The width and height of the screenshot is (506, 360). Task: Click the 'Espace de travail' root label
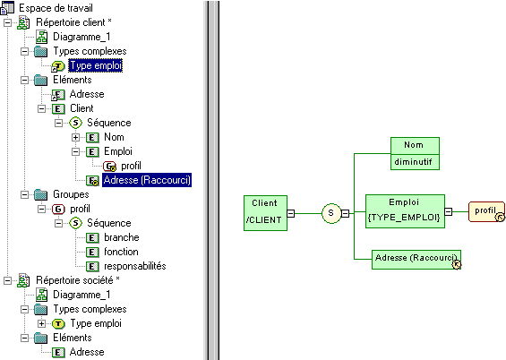pyautogui.click(x=56, y=8)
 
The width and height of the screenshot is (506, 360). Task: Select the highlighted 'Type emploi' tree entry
pyautogui.click(x=96, y=65)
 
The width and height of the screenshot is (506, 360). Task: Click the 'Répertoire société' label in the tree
pyautogui.click(x=74, y=280)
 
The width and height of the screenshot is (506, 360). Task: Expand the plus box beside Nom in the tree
pyautogui.click(x=75, y=137)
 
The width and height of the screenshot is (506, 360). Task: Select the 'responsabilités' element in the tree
pyautogui.click(x=135, y=266)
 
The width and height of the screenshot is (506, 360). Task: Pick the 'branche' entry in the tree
pyautogui.click(x=122, y=237)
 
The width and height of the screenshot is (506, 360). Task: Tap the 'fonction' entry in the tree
pyautogui.click(x=121, y=252)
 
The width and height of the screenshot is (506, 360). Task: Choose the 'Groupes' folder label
pyautogui.click(x=71, y=194)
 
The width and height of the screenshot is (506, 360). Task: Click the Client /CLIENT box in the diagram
pyautogui.click(x=265, y=213)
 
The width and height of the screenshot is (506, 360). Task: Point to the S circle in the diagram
pyautogui.click(x=331, y=213)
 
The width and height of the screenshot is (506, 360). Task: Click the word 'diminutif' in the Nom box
pyautogui.click(x=413, y=161)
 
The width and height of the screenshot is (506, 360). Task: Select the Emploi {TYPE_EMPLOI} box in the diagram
pyautogui.click(x=405, y=211)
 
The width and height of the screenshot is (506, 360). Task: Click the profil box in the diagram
pyautogui.click(x=486, y=211)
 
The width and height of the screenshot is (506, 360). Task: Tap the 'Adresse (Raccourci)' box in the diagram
pyautogui.click(x=416, y=260)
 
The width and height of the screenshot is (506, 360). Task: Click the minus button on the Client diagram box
pyautogui.click(x=291, y=213)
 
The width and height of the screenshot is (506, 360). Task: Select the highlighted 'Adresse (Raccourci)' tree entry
pyautogui.click(x=147, y=180)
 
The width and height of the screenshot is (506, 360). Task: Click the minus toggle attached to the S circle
pyautogui.click(x=346, y=213)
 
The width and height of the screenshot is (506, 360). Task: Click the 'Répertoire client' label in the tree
pyautogui.click(x=71, y=22)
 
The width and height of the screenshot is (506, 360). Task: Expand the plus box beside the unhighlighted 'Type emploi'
pyautogui.click(x=41, y=323)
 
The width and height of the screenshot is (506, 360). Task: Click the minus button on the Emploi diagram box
pyautogui.click(x=449, y=211)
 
